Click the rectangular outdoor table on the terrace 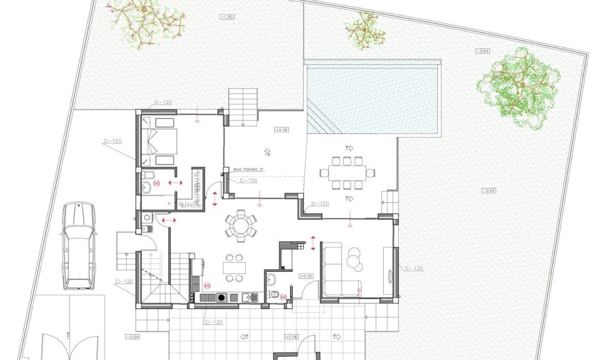pyautogui.click(x=347, y=173)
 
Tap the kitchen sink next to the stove pyautogui.click(x=249, y=297)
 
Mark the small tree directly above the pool pyautogui.click(x=365, y=29)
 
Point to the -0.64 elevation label pyautogui.click(x=482, y=51)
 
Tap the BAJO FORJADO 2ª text pyautogui.click(x=248, y=169)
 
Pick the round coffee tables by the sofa pyautogui.click(x=354, y=260)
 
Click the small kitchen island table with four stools pyautogui.click(x=234, y=268)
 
